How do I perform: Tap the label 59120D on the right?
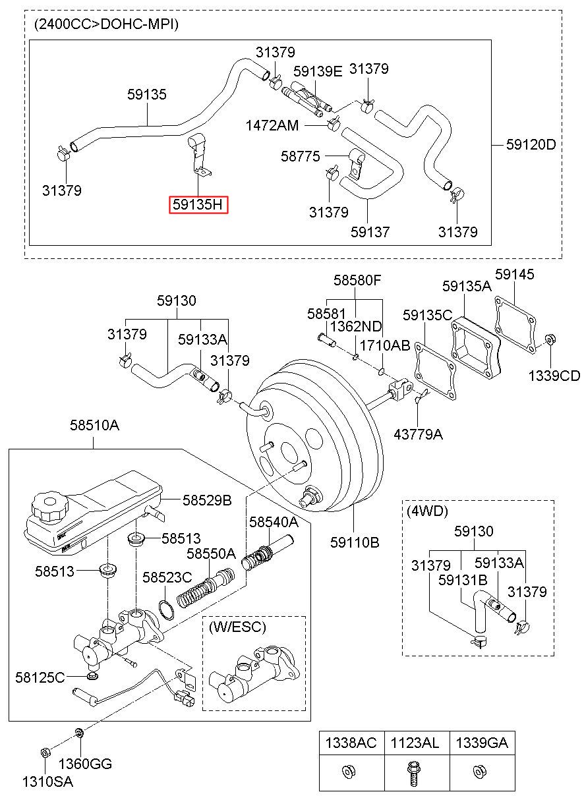tap(531, 144)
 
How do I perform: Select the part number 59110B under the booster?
tap(355, 542)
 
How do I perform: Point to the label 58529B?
tap(207, 501)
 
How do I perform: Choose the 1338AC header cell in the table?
tap(351, 743)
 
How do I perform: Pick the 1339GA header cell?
tap(481, 743)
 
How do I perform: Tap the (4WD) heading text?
tap(427, 511)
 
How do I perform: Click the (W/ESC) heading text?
tap(237, 627)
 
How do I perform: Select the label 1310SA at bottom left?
tap(48, 782)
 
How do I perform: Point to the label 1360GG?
tap(85, 764)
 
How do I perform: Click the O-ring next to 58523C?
tap(167, 609)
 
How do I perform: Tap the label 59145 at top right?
tap(515, 274)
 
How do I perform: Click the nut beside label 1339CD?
tap(550, 341)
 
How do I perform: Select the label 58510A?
tap(95, 426)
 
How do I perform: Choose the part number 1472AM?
tap(272, 125)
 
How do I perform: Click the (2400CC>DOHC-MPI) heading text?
tap(106, 25)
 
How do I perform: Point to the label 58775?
tap(301, 156)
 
